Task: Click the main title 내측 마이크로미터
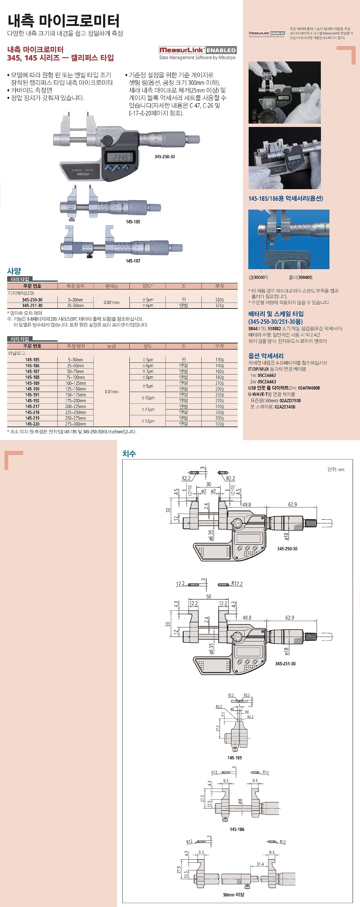(x=63, y=21)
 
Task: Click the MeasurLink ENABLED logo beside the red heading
(x=197, y=50)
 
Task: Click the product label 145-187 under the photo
(x=133, y=261)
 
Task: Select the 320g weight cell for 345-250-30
(x=219, y=300)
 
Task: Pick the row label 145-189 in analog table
(x=32, y=383)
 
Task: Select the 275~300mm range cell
(x=76, y=424)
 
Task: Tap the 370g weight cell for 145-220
(x=219, y=424)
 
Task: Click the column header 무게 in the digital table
(x=219, y=286)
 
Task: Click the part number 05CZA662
(x=267, y=375)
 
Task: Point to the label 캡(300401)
(x=258, y=277)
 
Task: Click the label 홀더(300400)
(x=301, y=277)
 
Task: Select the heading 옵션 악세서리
(x=266, y=356)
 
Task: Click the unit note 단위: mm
(x=336, y=469)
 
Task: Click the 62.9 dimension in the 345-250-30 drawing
(x=293, y=504)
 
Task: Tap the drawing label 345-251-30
(x=285, y=664)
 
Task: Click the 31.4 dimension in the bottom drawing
(x=260, y=864)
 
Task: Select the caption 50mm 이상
(x=233, y=894)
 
